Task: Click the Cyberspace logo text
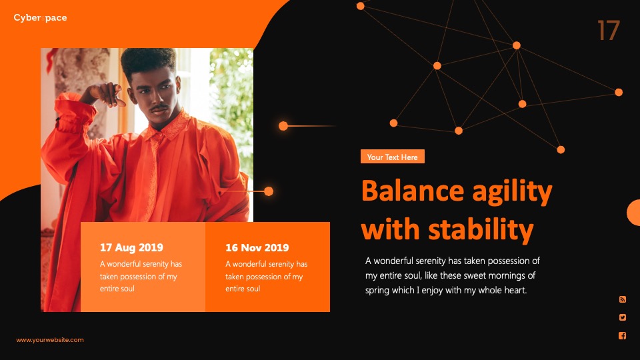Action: tap(40, 17)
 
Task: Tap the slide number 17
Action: tap(609, 31)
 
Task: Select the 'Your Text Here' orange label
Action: tap(392, 157)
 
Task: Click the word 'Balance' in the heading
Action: tap(413, 191)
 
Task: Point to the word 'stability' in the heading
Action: tap(481, 230)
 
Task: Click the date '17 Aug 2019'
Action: tap(131, 247)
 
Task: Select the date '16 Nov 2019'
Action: tap(257, 247)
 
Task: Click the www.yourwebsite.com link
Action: tap(50, 339)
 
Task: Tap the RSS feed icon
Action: tap(623, 299)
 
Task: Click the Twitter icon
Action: tap(623, 317)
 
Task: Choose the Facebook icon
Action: tap(623, 335)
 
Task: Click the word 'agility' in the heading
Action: tap(512, 192)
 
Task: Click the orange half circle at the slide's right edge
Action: tap(634, 213)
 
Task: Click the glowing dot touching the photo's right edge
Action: tap(269, 191)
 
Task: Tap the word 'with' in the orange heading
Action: tap(391, 229)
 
